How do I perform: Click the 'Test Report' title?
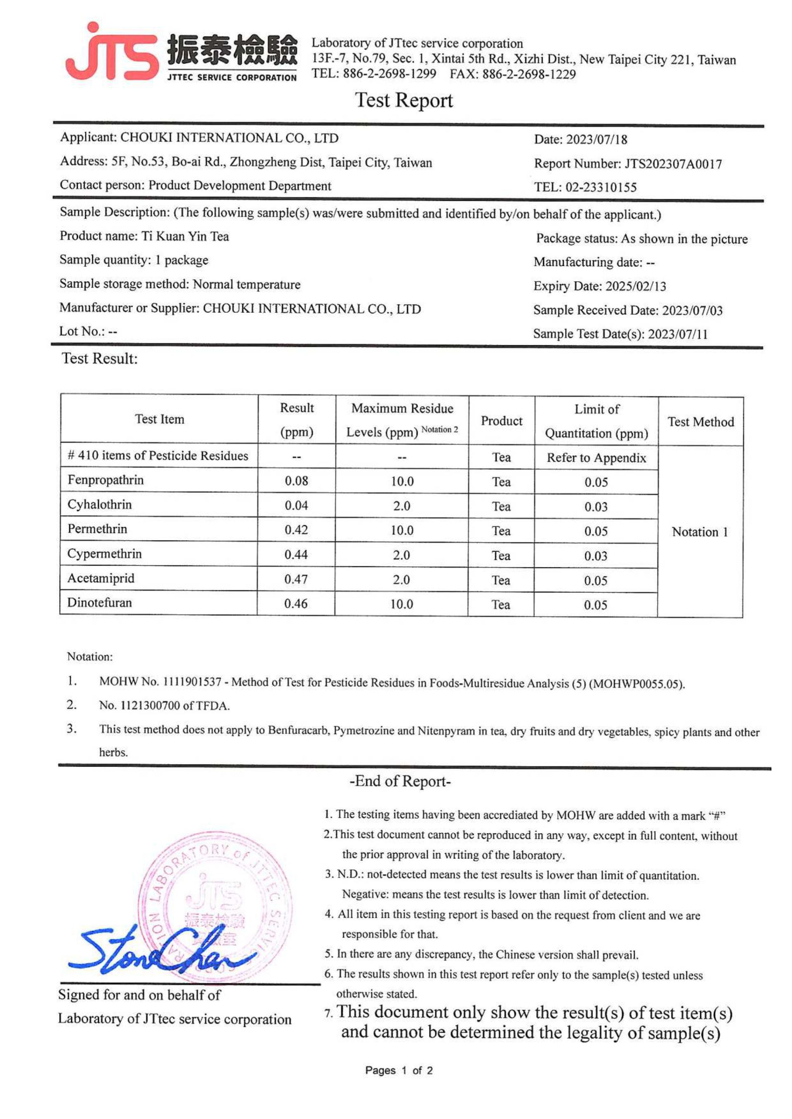tap(403, 101)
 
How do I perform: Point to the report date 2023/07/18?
tap(596, 140)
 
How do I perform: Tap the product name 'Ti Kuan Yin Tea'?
tap(185, 236)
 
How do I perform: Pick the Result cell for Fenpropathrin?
tap(296, 481)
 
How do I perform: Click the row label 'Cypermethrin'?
tap(104, 554)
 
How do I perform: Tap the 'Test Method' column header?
tap(700, 422)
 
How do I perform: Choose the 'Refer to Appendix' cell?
tap(596, 458)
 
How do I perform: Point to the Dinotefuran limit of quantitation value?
tap(596, 605)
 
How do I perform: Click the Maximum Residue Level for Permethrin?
tap(401, 530)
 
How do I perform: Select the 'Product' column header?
tap(501, 421)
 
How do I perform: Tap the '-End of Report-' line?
tap(400, 782)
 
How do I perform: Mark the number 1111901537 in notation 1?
tap(191, 682)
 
